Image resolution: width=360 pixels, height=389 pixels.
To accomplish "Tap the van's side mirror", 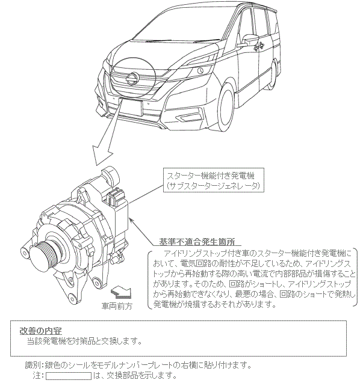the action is (x=249, y=40).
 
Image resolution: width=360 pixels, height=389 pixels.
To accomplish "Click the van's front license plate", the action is (x=131, y=107).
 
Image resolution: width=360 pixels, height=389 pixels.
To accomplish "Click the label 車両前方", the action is (x=117, y=306).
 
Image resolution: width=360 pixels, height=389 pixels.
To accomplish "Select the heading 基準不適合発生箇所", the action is (x=197, y=242).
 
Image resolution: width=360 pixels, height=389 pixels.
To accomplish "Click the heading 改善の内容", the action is (x=41, y=331).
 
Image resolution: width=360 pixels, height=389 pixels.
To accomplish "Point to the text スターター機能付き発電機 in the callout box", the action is (x=211, y=176).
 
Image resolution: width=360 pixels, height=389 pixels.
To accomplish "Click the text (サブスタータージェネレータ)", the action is (x=213, y=186).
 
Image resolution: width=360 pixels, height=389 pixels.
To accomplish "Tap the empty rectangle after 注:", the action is (x=69, y=376).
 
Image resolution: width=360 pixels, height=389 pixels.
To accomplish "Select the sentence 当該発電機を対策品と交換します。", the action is (x=85, y=342).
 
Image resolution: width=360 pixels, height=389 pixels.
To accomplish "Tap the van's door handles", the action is (x=259, y=47).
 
